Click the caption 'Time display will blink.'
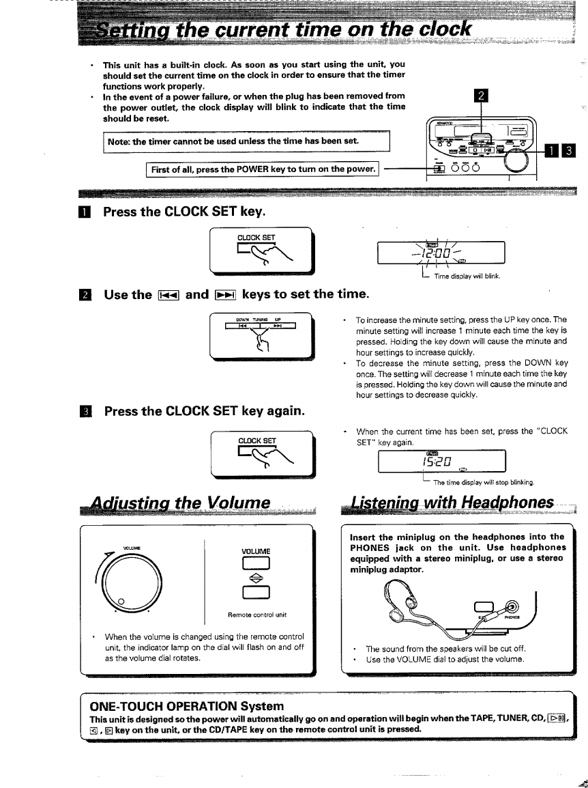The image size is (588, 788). point(467,276)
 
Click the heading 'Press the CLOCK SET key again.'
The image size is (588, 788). point(203,412)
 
